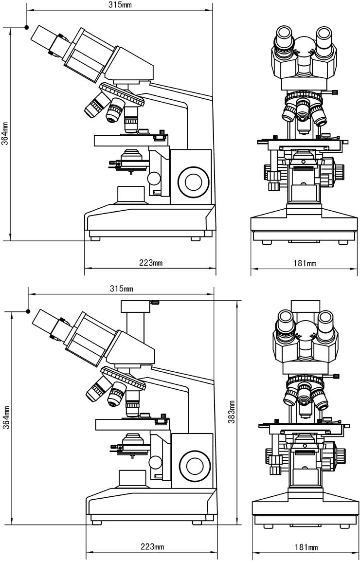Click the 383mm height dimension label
click(232, 411)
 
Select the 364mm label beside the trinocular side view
click(5, 417)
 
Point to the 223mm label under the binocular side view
click(151, 263)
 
